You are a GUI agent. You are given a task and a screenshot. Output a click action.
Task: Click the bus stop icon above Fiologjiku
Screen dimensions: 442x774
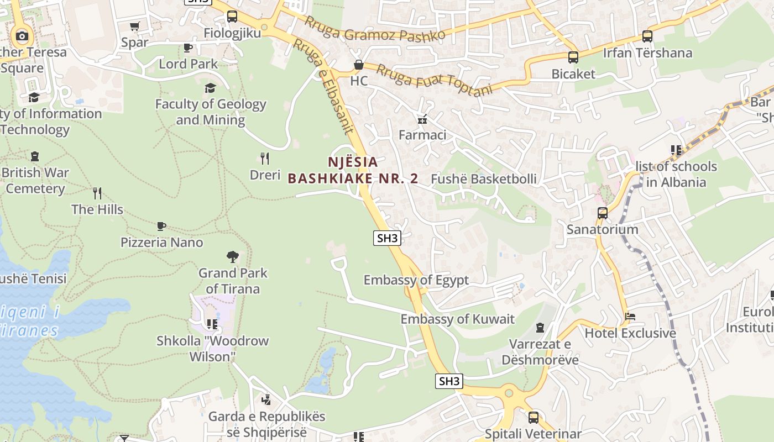coord(232,17)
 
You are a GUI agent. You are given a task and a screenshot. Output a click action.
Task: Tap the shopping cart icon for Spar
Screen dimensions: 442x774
coord(134,26)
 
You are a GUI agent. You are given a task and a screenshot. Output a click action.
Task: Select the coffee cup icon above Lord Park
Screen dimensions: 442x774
coord(188,48)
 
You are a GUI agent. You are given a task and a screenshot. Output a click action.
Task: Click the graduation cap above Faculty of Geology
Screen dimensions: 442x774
coord(210,88)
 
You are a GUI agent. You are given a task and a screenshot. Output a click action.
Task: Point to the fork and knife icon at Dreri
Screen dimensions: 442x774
coord(265,159)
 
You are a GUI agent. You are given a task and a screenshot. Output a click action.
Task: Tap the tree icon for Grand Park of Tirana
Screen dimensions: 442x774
coord(233,256)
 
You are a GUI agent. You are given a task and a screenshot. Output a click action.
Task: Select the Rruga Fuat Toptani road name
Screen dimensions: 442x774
coord(435,80)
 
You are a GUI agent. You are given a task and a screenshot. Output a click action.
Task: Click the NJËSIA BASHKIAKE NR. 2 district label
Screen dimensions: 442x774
coord(353,170)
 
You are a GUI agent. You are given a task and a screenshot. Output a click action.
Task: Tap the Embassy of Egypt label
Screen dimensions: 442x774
coord(416,280)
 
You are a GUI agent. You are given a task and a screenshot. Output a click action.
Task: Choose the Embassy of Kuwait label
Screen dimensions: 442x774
coord(457,319)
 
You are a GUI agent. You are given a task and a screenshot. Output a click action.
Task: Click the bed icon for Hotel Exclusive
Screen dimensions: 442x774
coord(630,317)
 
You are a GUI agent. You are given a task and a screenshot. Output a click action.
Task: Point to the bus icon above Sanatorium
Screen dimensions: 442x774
coord(603,213)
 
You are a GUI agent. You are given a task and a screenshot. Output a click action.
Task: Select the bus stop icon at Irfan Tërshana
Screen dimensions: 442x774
coord(647,36)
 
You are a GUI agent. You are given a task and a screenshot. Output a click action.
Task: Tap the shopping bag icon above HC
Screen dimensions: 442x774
coord(359,65)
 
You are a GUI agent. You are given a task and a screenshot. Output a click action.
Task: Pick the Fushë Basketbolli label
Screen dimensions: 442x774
coord(484,179)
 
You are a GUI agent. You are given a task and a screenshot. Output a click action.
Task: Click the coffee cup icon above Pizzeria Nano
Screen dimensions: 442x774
coord(161,226)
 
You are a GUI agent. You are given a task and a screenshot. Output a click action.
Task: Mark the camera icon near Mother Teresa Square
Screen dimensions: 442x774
coord(22,36)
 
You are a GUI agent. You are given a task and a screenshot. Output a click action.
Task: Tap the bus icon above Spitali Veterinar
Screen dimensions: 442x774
coord(533,418)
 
